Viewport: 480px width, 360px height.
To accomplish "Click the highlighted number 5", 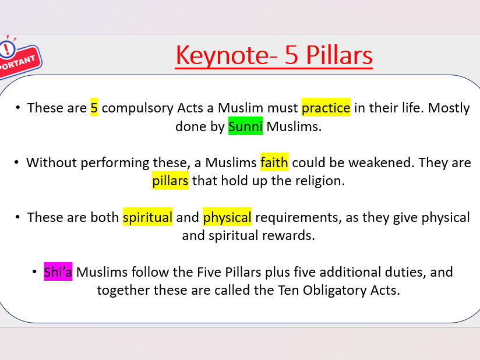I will pos(94,108).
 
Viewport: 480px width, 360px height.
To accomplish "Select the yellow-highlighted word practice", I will pos(326,108).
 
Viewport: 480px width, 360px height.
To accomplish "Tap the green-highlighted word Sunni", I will pos(245,126).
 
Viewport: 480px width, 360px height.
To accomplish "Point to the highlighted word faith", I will pos(274,163).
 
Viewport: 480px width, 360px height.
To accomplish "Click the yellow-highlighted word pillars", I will pos(170,181).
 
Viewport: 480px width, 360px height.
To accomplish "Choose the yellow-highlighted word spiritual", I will pos(147,217).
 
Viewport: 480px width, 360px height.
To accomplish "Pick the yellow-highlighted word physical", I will pos(227,217).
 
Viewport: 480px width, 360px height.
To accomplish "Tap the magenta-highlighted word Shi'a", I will pos(58,272).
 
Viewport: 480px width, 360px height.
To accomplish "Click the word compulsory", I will pos(138,108).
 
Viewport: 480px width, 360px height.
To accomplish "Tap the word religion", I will pos(319,181).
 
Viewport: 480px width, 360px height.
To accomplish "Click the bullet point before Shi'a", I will pos(36,272).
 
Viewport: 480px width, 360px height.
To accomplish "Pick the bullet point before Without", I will pos(16,163).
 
